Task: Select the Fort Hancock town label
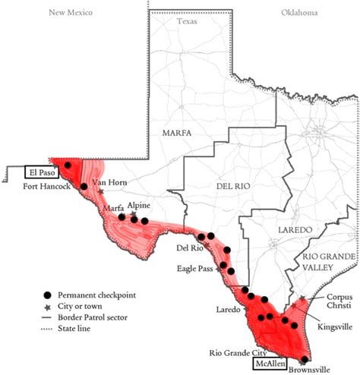click(x=49, y=187)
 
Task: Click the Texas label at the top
click(x=187, y=21)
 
